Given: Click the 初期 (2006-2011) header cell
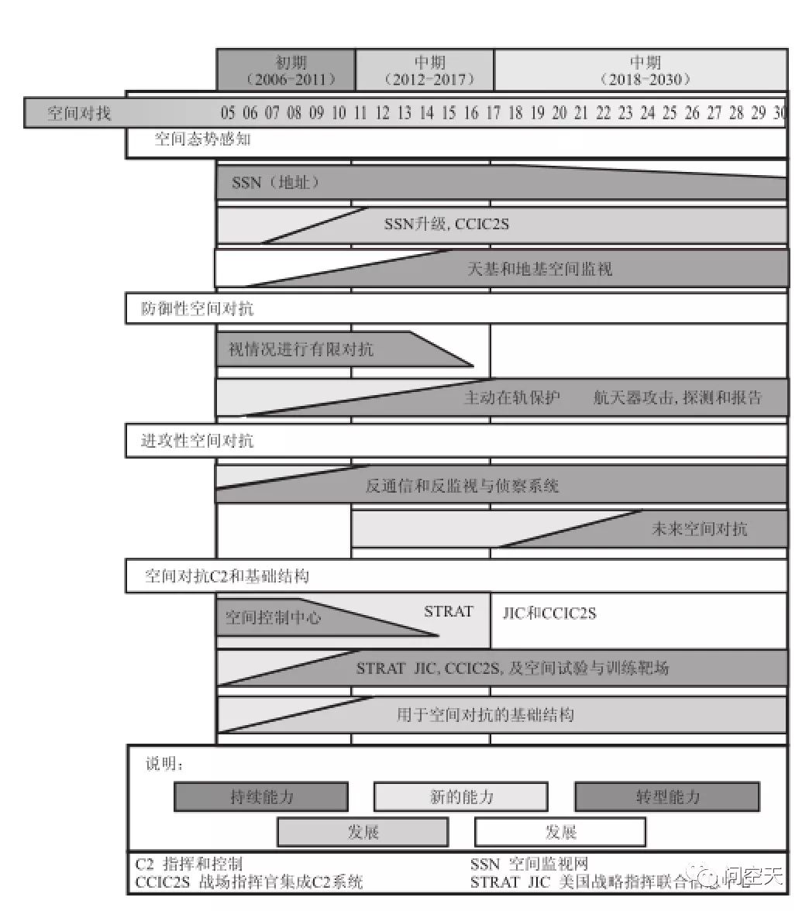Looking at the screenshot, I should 286,70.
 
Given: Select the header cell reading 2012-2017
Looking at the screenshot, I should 425,70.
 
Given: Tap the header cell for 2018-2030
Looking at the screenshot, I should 641,70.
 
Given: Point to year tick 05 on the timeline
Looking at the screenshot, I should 228,113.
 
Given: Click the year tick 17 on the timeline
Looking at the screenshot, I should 493,113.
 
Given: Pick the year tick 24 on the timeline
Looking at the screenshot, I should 648,113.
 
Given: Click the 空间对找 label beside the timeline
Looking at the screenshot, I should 79,113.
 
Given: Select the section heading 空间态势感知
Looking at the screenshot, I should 202,139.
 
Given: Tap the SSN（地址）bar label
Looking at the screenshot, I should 275,184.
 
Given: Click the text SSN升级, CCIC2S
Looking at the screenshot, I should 446,225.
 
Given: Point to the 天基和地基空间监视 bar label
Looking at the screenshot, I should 539,269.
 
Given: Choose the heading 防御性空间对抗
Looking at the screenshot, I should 197,309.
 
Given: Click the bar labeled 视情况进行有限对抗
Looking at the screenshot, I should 301,349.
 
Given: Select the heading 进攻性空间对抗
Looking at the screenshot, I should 197,441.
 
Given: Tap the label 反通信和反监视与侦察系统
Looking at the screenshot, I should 462,486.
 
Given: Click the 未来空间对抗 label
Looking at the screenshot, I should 699,529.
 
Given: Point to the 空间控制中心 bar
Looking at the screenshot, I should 273,617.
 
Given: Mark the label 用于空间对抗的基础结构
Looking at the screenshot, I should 485,714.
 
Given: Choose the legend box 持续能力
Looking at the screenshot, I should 261,796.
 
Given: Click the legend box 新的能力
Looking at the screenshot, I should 461,796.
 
